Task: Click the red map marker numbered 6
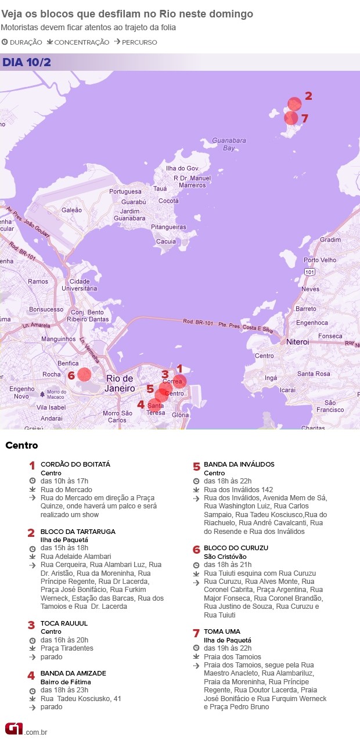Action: click(x=84, y=374)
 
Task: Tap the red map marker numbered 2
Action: click(x=294, y=104)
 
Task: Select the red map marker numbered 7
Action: click(x=291, y=118)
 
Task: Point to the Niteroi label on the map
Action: click(x=298, y=342)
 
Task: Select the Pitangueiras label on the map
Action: click(x=168, y=227)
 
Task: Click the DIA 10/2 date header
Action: click(x=26, y=62)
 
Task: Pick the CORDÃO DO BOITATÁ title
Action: click(x=75, y=464)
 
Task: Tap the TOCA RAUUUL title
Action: click(x=63, y=623)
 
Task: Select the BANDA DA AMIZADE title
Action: click(x=73, y=673)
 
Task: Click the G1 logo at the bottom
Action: click(x=13, y=728)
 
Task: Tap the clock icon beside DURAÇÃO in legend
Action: click(x=5, y=42)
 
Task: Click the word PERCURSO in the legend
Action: click(x=139, y=42)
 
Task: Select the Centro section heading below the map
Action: click(x=21, y=446)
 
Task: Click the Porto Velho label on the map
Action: click(x=320, y=260)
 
